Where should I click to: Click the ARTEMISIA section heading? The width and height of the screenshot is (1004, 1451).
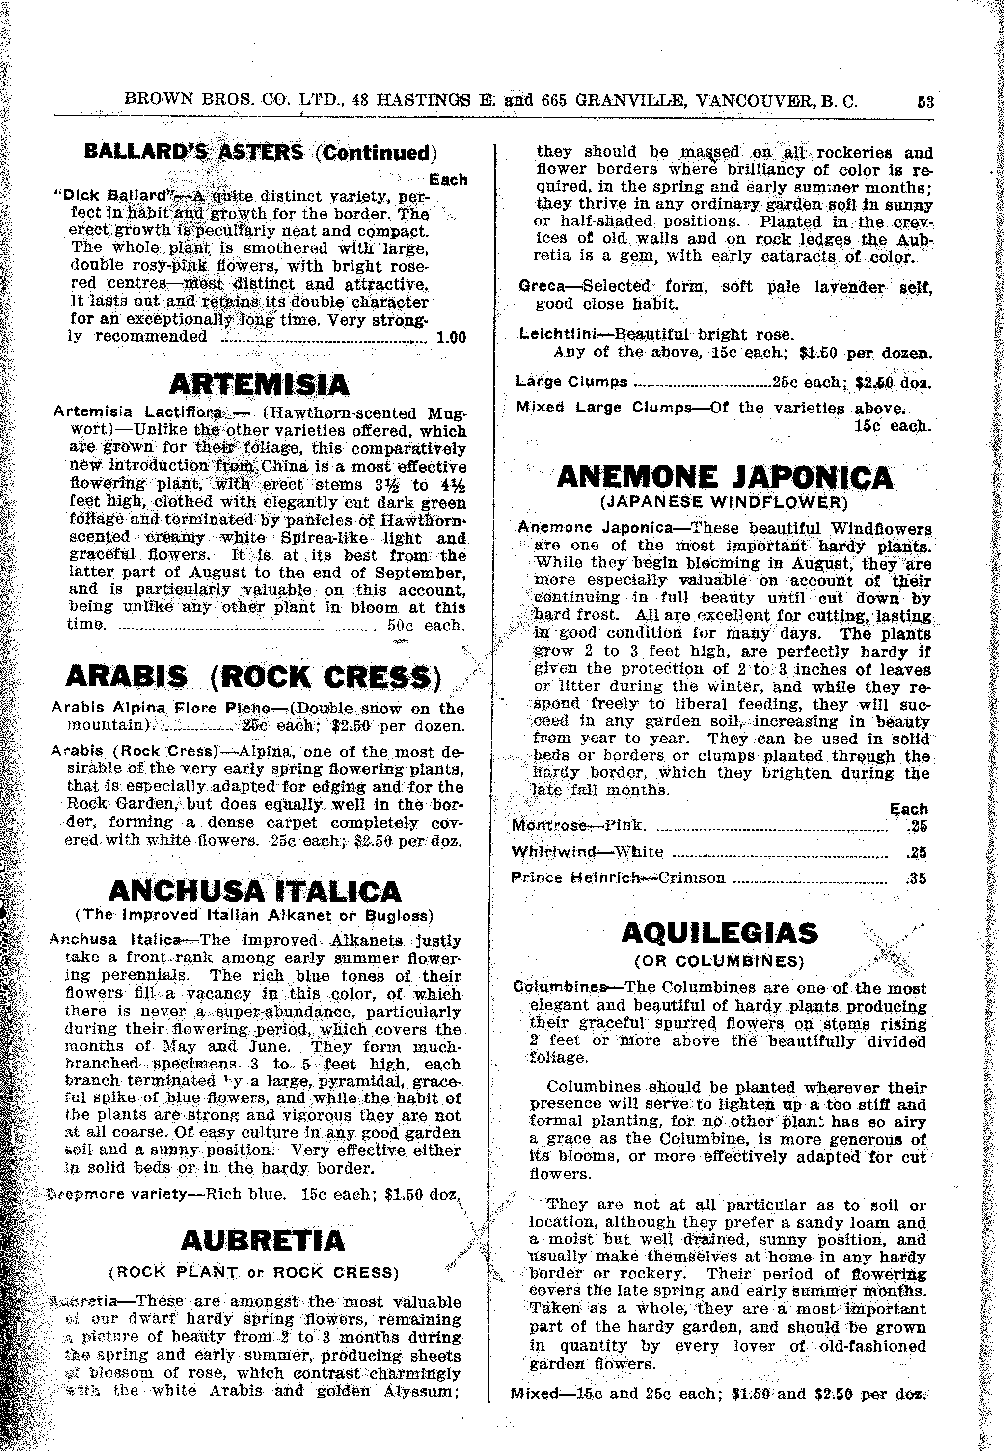[x=259, y=384]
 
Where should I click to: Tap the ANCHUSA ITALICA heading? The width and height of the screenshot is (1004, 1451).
[x=254, y=891]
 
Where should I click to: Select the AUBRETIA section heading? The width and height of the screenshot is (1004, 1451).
[x=263, y=1240]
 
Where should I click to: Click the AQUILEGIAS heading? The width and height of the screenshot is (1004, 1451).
[x=720, y=933]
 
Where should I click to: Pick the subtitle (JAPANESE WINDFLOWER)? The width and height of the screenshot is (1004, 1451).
[x=723, y=503]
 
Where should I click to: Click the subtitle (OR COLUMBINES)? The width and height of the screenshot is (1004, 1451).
[x=720, y=961]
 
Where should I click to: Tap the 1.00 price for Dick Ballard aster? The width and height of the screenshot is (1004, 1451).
[x=451, y=338]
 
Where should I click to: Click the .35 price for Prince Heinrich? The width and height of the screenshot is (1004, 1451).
[x=917, y=878]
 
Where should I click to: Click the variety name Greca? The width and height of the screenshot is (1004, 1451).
[x=542, y=286]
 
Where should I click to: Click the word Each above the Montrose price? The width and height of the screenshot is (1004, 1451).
[x=908, y=809]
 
